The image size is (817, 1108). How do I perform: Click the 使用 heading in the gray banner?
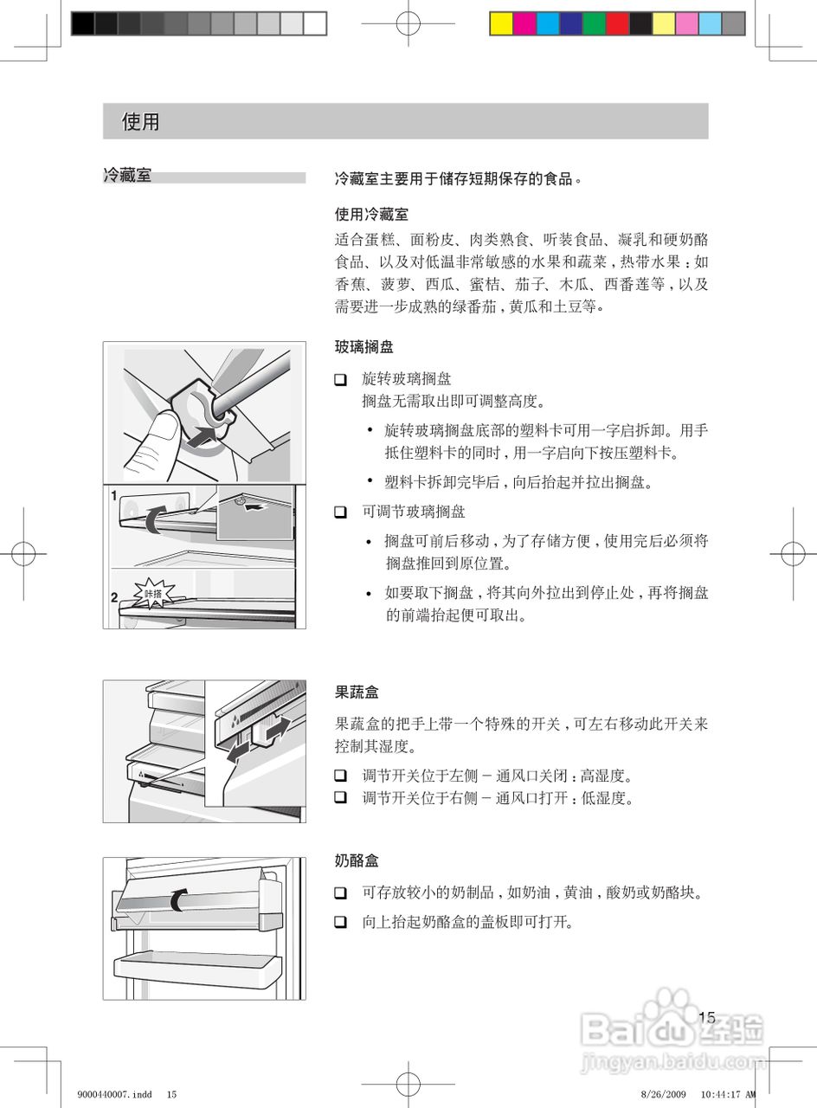point(140,121)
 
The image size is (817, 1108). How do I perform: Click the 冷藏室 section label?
point(127,176)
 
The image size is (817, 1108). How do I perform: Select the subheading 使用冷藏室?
point(371,214)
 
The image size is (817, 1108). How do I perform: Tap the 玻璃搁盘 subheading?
point(364,347)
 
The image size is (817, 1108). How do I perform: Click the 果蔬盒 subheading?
point(357,692)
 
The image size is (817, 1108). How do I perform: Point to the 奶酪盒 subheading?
point(357,861)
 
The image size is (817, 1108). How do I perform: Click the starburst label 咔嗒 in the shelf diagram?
point(153,594)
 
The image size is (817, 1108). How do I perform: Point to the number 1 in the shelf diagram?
point(113,497)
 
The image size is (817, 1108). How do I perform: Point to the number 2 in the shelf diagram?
point(113,597)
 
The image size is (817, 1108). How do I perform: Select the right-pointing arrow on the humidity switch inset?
point(279,729)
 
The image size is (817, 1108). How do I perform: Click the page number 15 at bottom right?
point(706,1017)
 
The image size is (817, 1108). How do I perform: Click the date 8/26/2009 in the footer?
point(664,1094)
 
